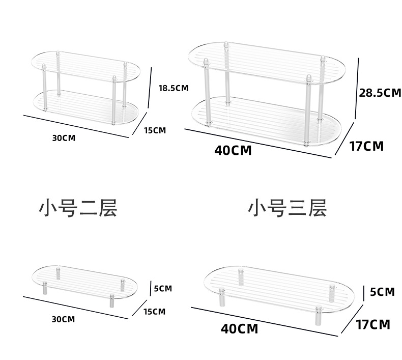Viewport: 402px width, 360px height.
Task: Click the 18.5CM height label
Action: [x=173, y=88]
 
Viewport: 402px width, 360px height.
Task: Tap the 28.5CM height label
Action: [x=380, y=93]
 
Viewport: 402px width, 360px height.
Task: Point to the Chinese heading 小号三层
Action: [x=287, y=208]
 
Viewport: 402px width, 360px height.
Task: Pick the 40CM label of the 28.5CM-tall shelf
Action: [x=233, y=150]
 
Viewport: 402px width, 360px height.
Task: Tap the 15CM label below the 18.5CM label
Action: [x=155, y=130]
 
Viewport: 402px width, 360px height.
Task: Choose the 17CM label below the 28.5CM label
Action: [x=366, y=146]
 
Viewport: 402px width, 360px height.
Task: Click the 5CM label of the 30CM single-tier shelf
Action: [x=162, y=288]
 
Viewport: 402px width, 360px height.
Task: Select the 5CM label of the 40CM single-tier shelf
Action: [x=382, y=292]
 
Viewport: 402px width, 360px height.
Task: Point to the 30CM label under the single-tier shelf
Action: [x=63, y=319]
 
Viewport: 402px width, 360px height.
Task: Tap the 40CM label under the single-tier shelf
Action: [x=239, y=328]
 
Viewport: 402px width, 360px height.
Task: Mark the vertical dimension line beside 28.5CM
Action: [x=359, y=89]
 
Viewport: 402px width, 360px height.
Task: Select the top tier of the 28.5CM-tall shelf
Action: [x=265, y=59]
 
